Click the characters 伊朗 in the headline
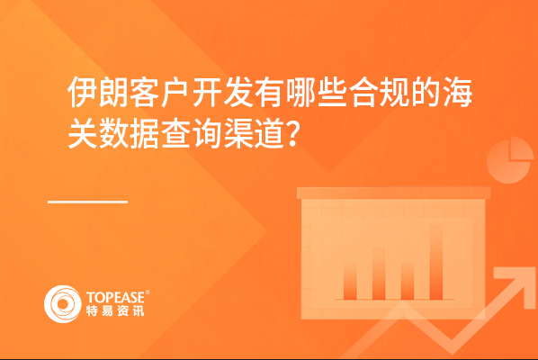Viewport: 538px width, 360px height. pyautogui.click(x=98, y=93)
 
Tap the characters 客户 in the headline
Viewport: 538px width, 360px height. pyautogui.click(x=160, y=93)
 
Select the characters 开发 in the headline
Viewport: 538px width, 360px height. pyautogui.click(x=223, y=93)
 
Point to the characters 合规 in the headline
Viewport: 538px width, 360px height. pyautogui.click(x=380, y=93)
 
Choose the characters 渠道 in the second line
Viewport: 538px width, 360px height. pyautogui.click(x=254, y=134)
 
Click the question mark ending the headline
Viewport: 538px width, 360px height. pyautogui.click(x=293, y=135)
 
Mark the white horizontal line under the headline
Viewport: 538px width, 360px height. pyautogui.click(x=88, y=202)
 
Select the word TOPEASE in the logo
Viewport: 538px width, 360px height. pyautogui.click(x=115, y=298)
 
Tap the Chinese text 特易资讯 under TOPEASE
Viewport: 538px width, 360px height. pyautogui.click(x=115, y=310)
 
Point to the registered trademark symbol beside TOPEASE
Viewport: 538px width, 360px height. pyautogui.click(x=148, y=292)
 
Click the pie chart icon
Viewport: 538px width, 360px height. pyautogui.click(x=509, y=160)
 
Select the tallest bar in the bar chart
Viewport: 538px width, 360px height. pyautogui.click(x=436, y=262)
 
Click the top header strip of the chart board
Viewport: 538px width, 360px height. pyautogui.click(x=393, y=193)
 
